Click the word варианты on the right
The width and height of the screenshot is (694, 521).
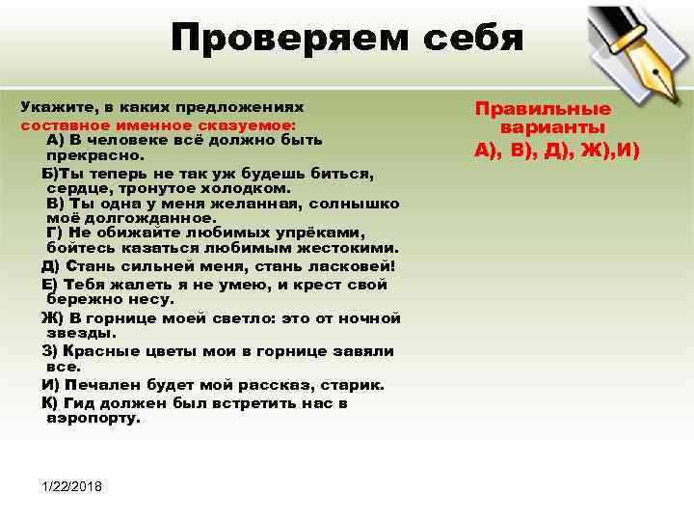click(553, 127)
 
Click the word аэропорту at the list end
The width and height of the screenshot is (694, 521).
click(93, 418)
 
